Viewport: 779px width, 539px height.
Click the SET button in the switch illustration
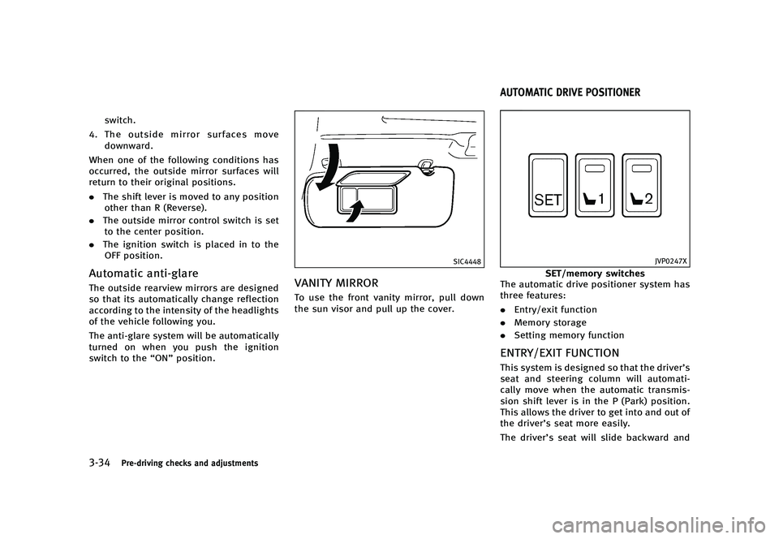point(549,186)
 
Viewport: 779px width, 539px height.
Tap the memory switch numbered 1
point(595,186)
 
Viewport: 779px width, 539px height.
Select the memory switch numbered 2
point(642,186)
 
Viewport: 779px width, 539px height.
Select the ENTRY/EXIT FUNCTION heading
point(559,353)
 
